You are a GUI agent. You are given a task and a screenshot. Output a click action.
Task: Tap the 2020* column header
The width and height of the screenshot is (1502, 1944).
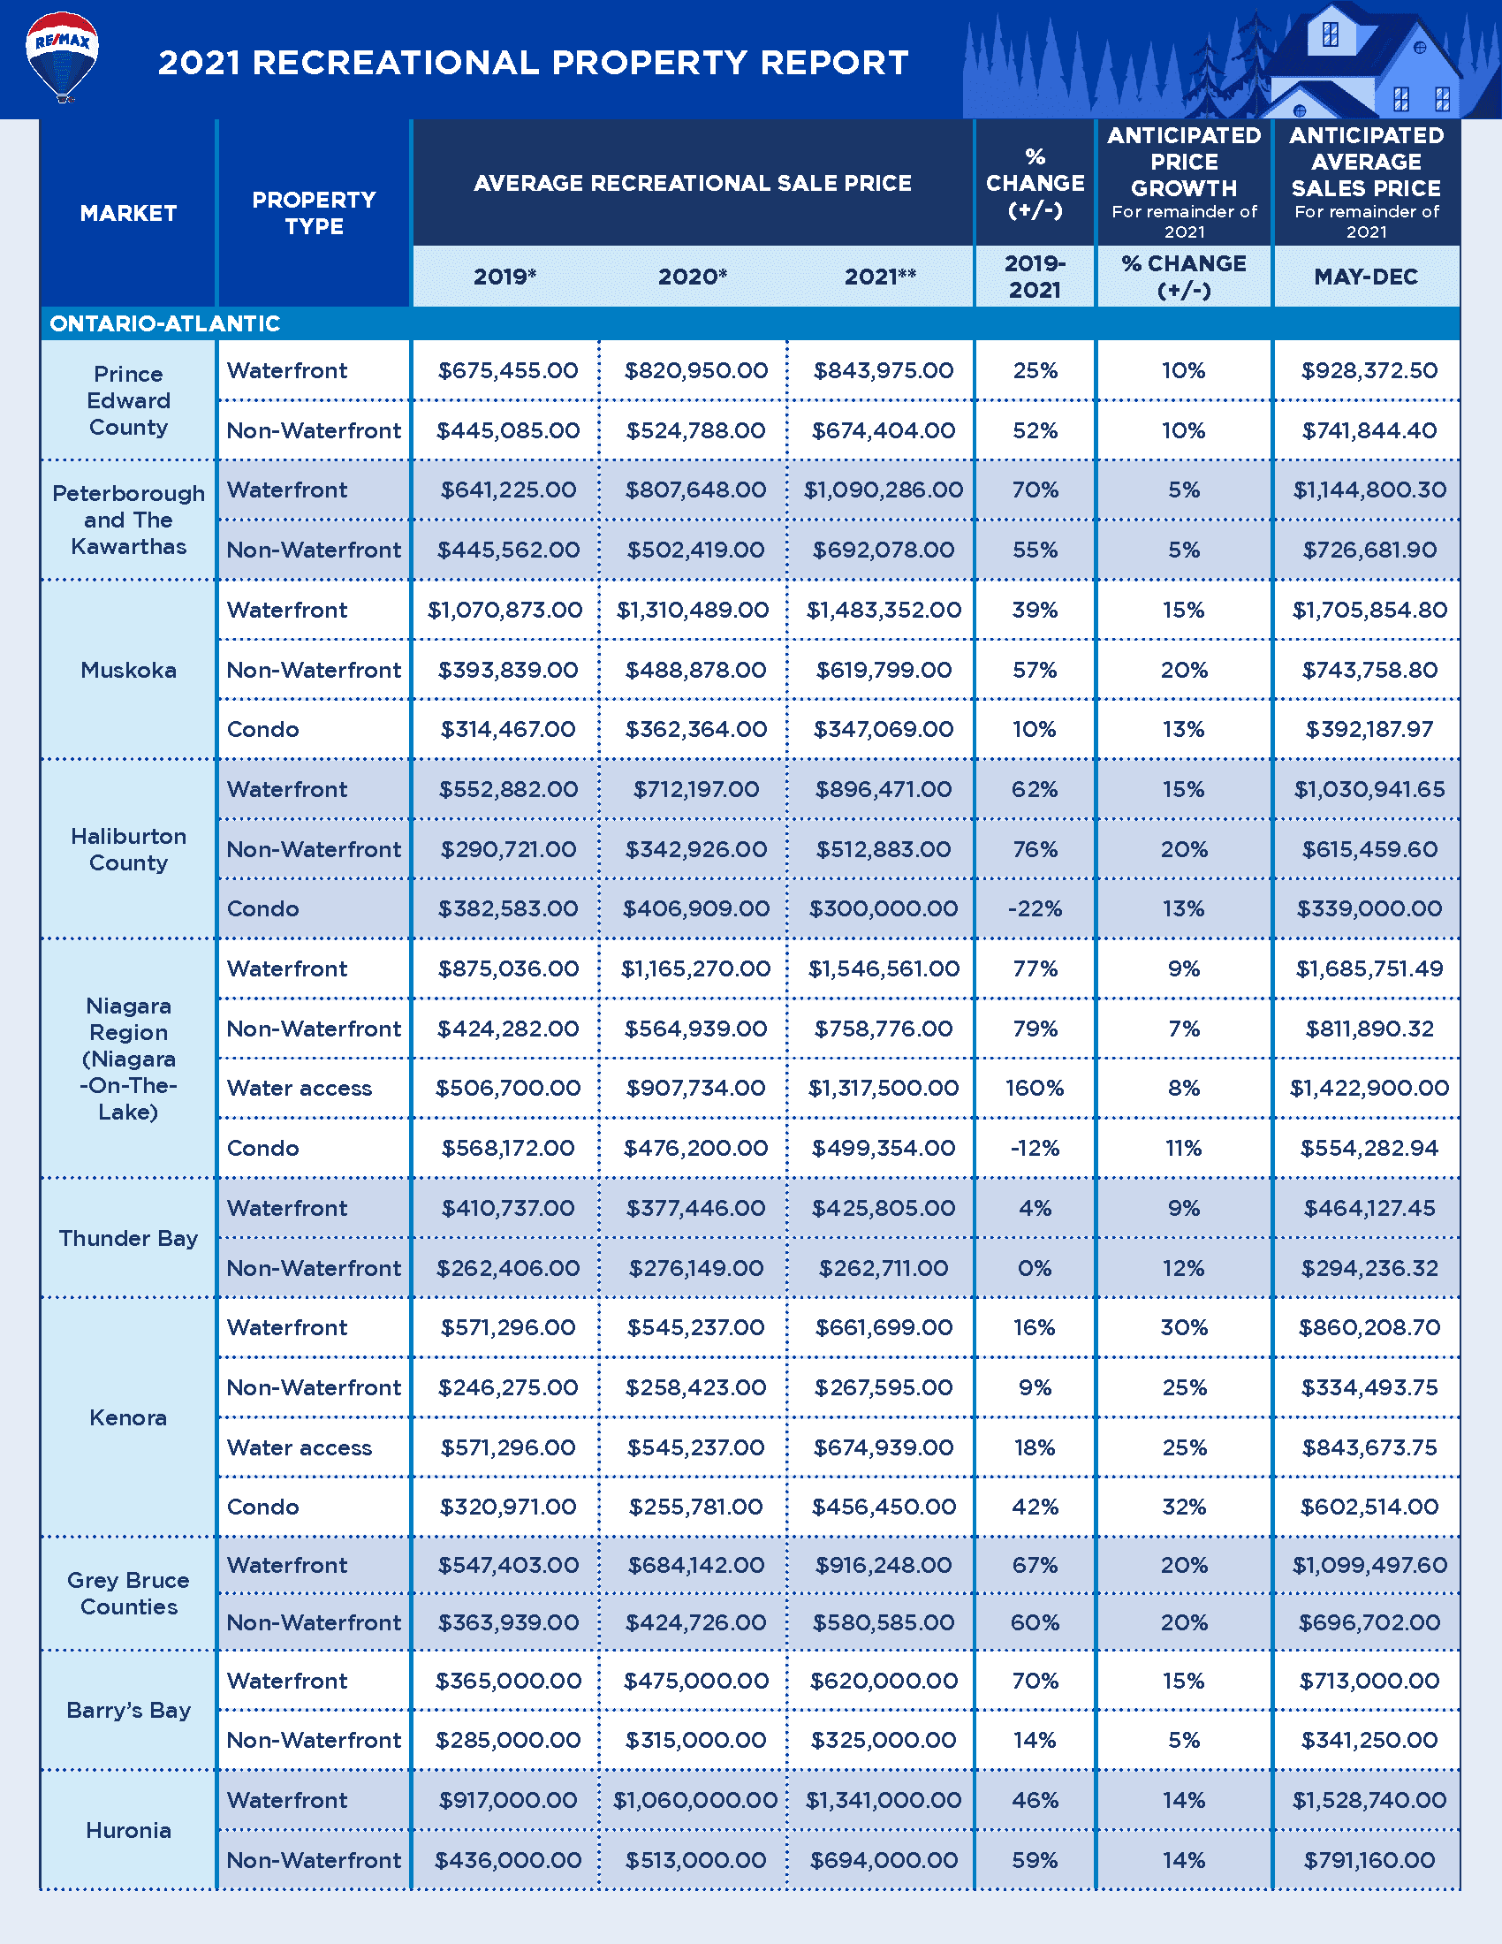pyautogui.click(x=693, y=277)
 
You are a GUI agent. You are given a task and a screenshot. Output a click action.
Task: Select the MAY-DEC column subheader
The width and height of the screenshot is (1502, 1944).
pyautogui.click(x=1366, y=277)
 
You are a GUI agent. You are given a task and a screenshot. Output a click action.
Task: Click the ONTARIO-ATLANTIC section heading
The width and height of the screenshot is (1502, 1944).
pyautogui.click(x=164, y=323)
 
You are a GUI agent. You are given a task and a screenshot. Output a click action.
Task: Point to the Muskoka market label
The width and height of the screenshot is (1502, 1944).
pyautogui.click(x=128, y=671)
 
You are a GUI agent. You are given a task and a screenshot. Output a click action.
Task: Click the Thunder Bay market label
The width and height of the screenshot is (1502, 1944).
pyautogui.click(x=128, y=1238)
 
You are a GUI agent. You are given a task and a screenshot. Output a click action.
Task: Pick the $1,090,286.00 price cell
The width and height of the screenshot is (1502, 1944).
pyautogui.click(x=883, y=490)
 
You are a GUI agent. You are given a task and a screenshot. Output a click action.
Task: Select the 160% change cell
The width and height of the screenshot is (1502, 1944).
pyautogui.click(x=1034, y=1088)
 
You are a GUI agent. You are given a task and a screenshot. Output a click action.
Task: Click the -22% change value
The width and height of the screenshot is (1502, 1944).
pyautogui.click(x=1034, y=908)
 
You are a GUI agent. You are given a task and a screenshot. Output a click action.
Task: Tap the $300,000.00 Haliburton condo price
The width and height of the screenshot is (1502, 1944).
pyautogui.click(x=883, y=908)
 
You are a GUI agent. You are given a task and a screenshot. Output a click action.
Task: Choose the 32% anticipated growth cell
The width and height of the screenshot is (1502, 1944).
pyautogui.click(x=1183, y=1507)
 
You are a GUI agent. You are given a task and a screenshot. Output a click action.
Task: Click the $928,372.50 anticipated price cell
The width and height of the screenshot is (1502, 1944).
pyautogui.click(x=1369, y=370)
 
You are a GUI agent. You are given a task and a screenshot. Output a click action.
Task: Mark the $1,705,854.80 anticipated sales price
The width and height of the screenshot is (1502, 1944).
pyautogui.click(x=1369, y=610)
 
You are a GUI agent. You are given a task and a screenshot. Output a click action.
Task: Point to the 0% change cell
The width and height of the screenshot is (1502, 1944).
pyautogui.click(x=1034, y=1267)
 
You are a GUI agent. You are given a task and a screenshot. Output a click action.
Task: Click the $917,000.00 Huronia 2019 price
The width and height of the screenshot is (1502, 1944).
pyautogui.click(x=507, y=1800)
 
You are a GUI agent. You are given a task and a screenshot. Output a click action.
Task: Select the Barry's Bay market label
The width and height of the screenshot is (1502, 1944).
pyautogui.click(x=128, y=1710)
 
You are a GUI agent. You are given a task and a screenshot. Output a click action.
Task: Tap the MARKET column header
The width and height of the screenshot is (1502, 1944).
pyautogui.click(x=128, y=214)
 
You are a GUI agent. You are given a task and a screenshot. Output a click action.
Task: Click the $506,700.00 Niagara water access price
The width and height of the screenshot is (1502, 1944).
pyautogui.click(x=507, y=1088)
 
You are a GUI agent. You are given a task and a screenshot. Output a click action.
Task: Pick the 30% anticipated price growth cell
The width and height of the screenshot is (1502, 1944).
pyautogui.click(x=1183, y=1327)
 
